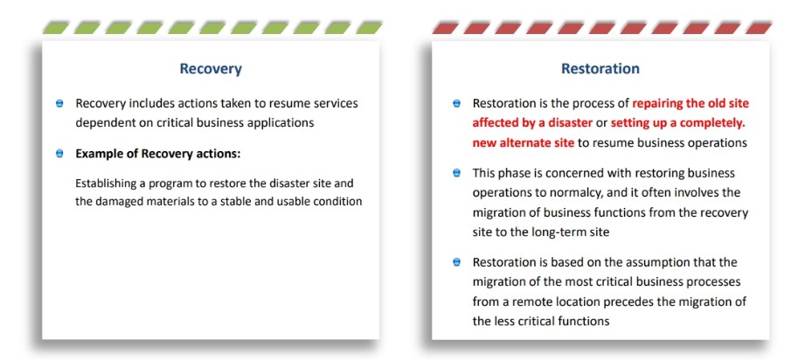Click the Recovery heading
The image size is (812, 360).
[x=211, y=69]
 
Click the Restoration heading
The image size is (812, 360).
[x=600, y=68]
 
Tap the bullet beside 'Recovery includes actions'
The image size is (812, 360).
[x=59, y=104]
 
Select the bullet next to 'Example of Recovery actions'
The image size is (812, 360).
[x=59, y=154]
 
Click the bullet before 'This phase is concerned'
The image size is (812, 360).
[x=456, y=173]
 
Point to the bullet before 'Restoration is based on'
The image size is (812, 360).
[x=456, y=262]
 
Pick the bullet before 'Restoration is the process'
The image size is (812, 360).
[x=456, y=104]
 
